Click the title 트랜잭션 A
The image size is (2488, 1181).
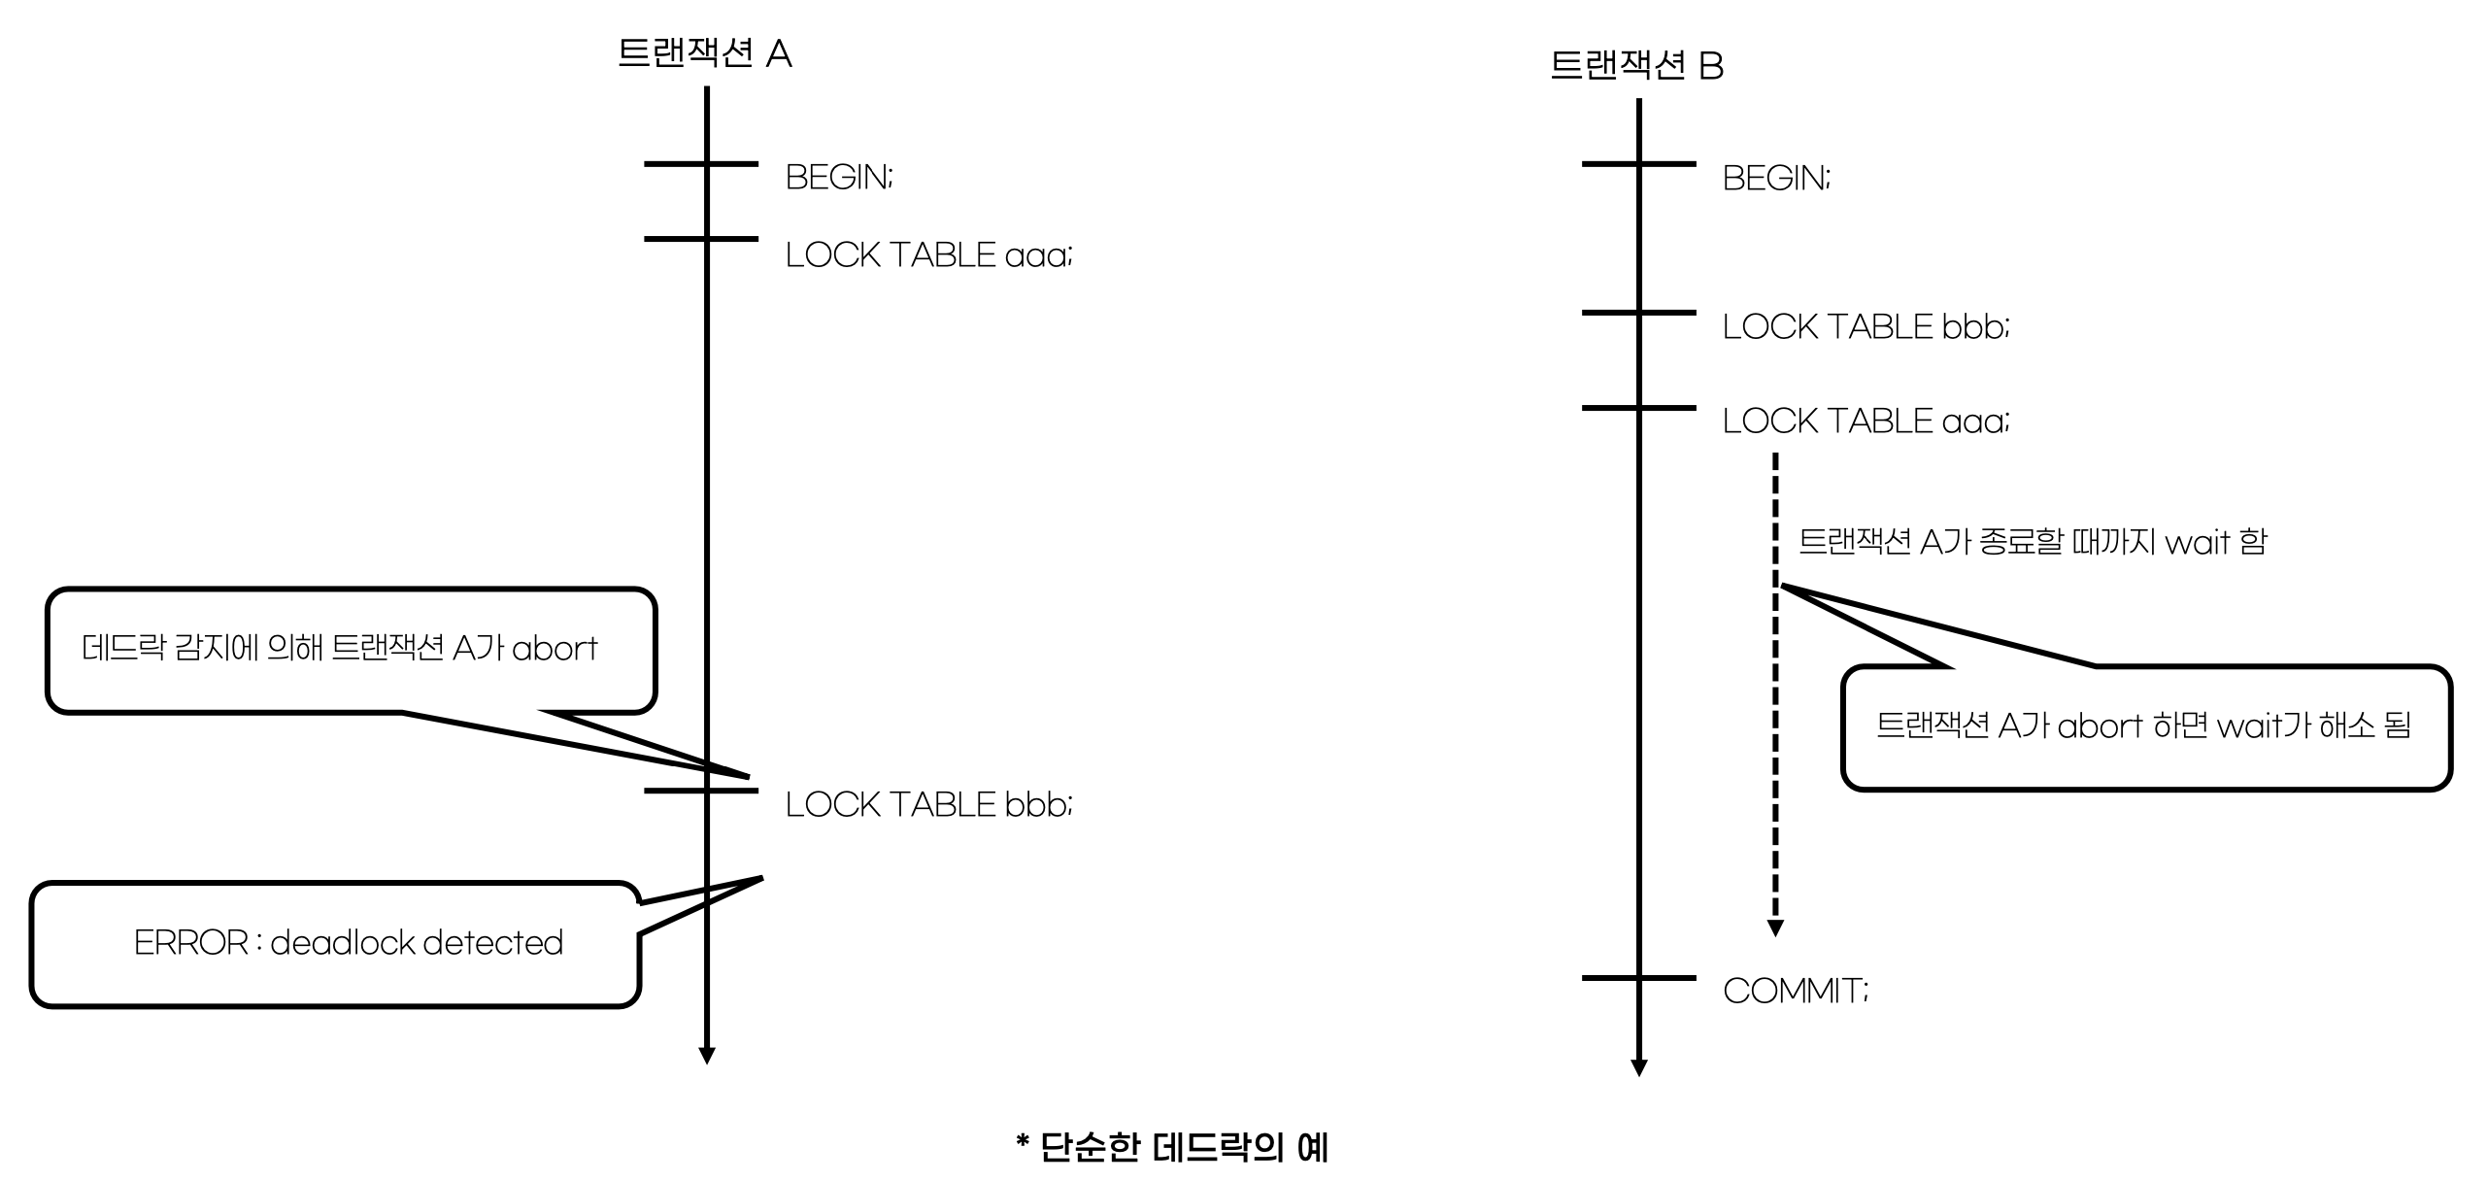704,53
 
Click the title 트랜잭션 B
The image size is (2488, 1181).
1636,66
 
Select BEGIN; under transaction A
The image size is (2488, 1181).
838,177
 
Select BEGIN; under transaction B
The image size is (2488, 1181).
1775,178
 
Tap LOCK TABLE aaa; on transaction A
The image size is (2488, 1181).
927,254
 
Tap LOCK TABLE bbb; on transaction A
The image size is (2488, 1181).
927,804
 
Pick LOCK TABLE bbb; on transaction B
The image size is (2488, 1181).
1865,327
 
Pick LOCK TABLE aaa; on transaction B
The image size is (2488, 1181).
1865,421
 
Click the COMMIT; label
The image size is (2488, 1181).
1795,991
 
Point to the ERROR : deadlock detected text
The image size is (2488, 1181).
348,942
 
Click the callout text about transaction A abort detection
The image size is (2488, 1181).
339,648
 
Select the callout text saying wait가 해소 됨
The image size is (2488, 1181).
2142,725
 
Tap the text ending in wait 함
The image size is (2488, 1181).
2032,541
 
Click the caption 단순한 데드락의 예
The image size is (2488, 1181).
1171,1147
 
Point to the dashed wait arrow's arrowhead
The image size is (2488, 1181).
1775,928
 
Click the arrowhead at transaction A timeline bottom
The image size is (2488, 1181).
707,1056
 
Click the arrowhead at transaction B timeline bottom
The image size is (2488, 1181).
1639,1068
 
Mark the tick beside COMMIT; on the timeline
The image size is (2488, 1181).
1639,977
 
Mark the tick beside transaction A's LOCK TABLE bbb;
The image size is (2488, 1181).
701,791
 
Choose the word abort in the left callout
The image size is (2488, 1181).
555,648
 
